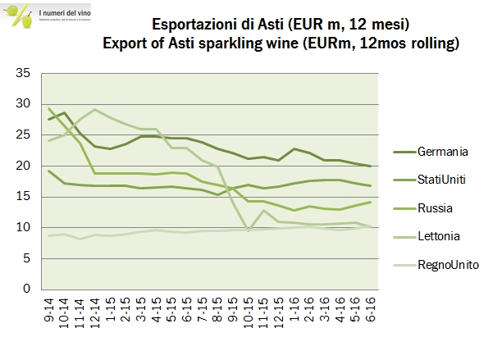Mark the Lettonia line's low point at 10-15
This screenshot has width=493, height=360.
[x=248, y=230]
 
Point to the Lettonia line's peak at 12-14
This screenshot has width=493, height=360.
[x=96, y=109]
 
